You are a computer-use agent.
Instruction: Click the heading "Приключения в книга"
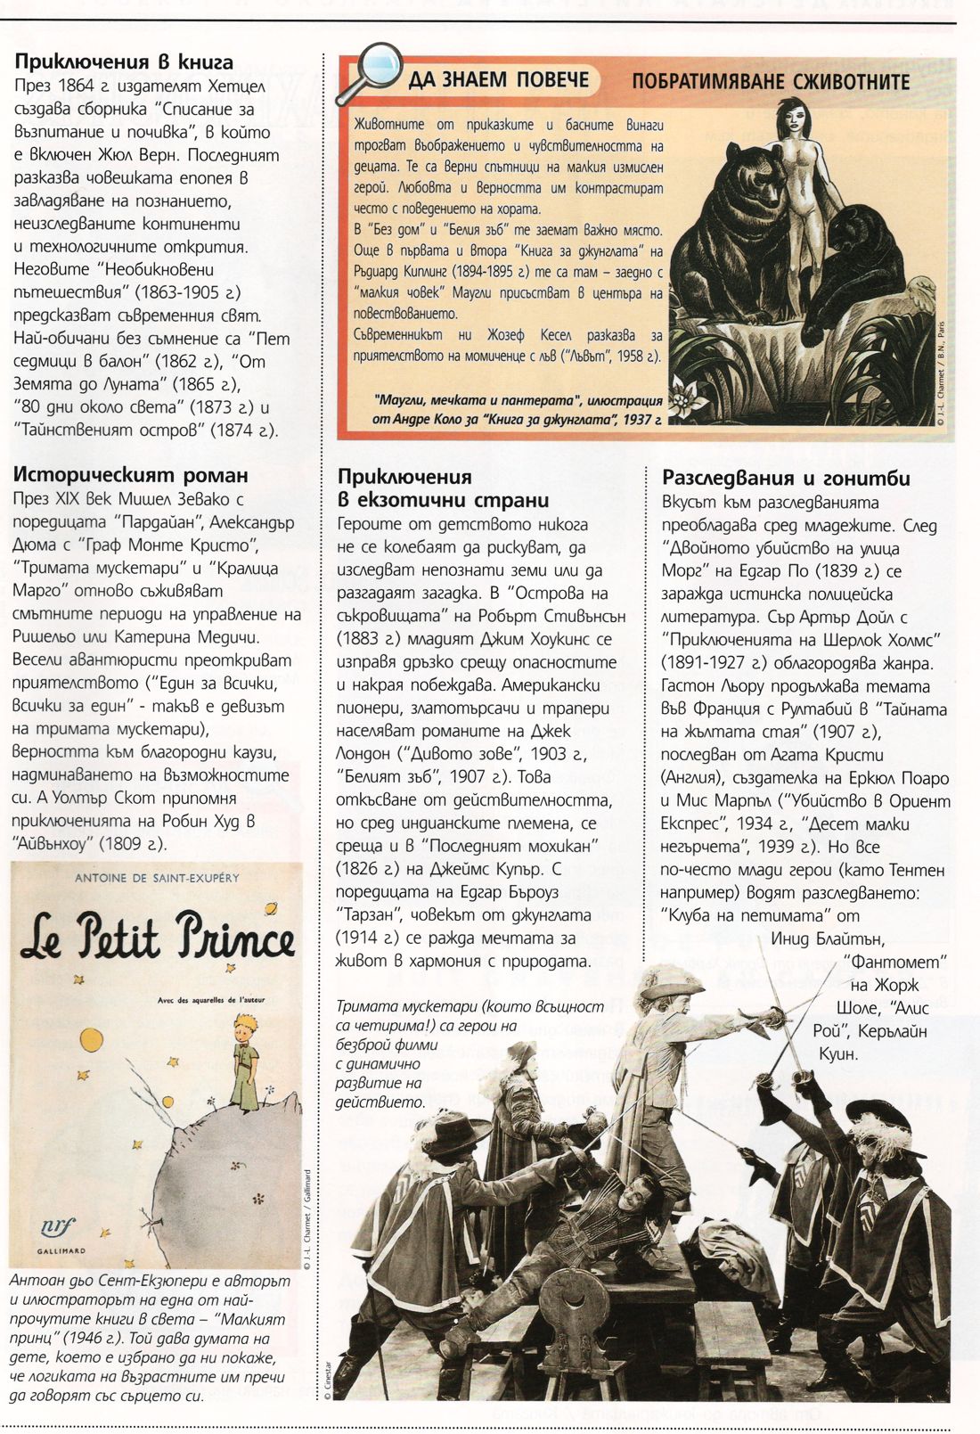pyautogui.click(x=124, y=62)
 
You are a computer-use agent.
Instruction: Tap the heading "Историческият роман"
pyautogui.click(x=130, y=475)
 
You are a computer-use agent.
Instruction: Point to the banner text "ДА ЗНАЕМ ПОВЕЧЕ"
pyautogui.click(x=499, y=80)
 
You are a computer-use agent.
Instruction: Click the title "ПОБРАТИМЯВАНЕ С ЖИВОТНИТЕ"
pyautogui.click(x=770, y=82)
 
